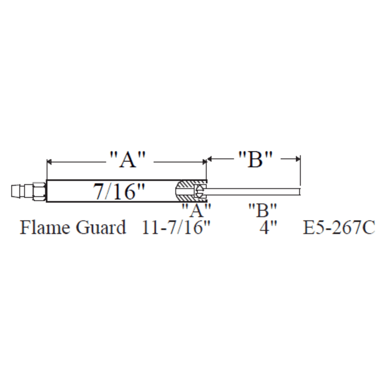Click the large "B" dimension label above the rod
pos(255,160)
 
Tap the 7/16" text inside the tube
pos(119,191)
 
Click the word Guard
pos(101,228)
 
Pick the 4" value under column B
pos(268,228)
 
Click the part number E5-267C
pos(338,228)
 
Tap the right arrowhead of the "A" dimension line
pos(204,162)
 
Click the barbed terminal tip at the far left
pos(17,191)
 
